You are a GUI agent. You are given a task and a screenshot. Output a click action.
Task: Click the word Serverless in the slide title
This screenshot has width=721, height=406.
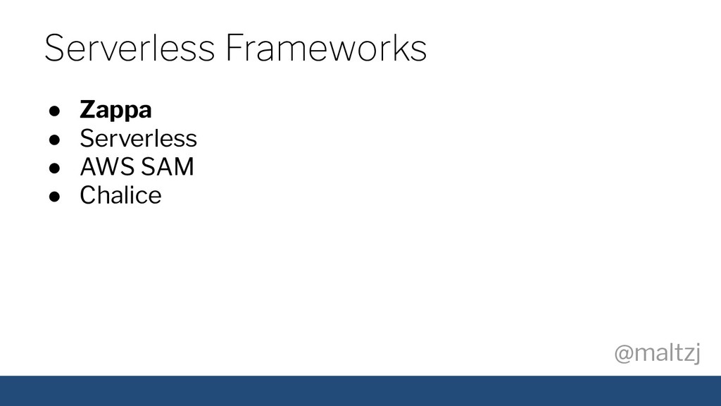[x=130, y=47]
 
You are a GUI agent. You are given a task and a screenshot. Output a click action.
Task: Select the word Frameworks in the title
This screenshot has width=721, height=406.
[x=326, y=47]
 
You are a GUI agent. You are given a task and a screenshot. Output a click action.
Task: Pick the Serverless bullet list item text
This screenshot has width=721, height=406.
[x=139, y=138]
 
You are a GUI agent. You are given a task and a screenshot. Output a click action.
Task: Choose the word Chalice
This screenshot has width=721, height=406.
[x=120, y=195]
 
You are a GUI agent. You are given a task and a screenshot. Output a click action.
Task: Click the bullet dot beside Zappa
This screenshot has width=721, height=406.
[x=54, y=111]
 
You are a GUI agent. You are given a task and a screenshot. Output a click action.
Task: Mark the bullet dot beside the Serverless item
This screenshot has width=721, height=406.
[x=54, y=140]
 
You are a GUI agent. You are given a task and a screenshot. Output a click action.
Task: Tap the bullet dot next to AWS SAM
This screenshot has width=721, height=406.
[x=54, y=168]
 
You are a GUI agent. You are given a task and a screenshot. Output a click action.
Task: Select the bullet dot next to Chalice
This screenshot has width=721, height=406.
[x=54, y=197]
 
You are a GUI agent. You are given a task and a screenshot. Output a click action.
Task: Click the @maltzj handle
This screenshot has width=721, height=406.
[x=658, y=354]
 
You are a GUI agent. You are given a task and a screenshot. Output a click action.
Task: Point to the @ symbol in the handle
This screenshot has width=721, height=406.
[x=624, y=354]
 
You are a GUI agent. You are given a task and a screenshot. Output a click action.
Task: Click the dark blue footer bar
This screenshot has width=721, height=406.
[x=360, y=390]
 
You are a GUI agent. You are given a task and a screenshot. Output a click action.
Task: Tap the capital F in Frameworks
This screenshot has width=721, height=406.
[x=235, y=47]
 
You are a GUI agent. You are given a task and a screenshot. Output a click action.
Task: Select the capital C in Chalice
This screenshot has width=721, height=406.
[x=89, y=195]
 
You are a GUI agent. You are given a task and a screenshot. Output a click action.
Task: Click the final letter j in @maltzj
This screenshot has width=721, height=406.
[x=696, y=354]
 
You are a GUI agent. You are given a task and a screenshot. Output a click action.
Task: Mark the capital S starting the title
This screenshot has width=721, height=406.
[x=54, y=47]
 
